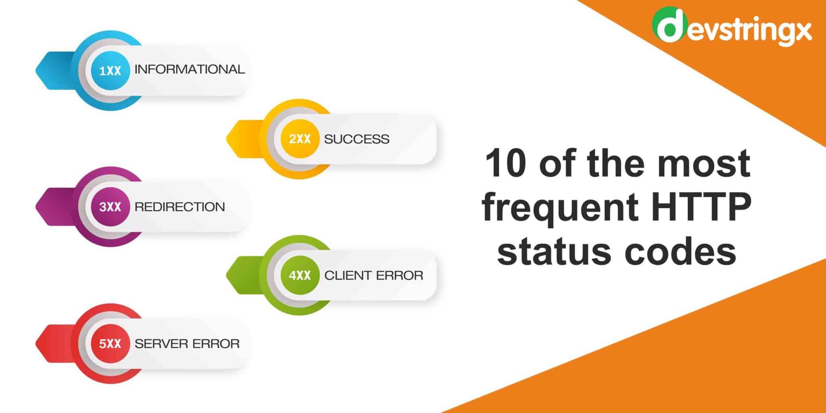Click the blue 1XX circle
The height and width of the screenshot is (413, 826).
(x=110, y=71)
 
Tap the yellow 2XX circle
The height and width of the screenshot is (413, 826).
(x=300, y=139)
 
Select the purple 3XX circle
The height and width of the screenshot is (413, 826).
(x=110, y=207)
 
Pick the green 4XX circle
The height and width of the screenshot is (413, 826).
(x=300, y=275)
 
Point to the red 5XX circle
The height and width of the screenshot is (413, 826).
(x=110, y=344)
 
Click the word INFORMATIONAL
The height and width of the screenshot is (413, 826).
(x=190, y=69)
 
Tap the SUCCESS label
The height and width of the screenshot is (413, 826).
(x=357, y=139)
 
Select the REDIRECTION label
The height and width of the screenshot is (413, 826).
(x=179, y=207)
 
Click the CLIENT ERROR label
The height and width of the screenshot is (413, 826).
(x=373, y=275)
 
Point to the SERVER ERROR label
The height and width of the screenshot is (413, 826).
(x=187, y=344)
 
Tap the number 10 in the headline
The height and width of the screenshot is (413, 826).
(x=506, y=164)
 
